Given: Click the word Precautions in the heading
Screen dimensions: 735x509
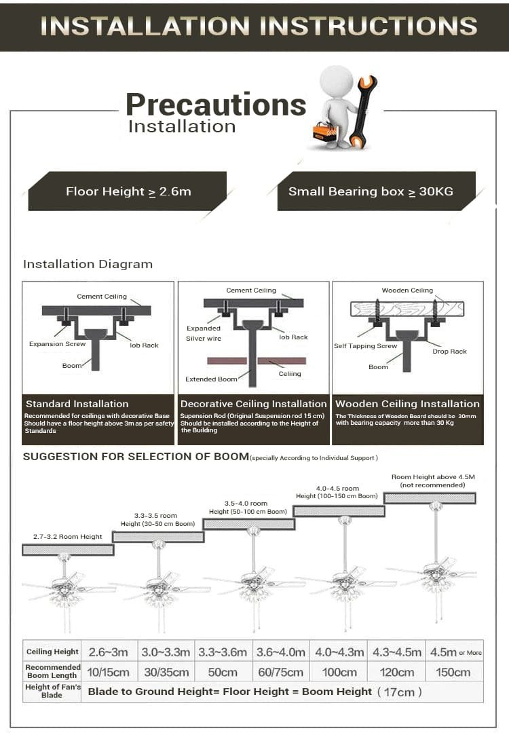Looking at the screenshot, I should pyautogui.click(x=216, y=105).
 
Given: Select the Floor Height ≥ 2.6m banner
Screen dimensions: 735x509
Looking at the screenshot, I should pyautogui.click(x=128, y=191).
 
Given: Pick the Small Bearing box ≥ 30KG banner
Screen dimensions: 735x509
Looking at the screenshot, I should pyautogui.click(x=371, y=191).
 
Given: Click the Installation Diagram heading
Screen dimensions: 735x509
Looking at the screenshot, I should pyautogui.click(x=88, y=264).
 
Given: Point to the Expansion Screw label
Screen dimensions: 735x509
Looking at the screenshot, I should pyautogui.click(x=57, y=344).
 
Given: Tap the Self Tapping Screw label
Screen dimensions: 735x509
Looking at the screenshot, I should pyautogui.click(x=365, y=346).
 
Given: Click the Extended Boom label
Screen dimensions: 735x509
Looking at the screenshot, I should pyautogui.click(x=211, y=379).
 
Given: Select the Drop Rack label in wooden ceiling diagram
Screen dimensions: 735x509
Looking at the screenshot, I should pyautogui.click(x=449, y=352).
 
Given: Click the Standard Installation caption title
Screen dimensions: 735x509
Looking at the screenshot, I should pyautogui.click(x=77, y=404).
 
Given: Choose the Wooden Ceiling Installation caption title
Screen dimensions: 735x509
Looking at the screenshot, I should pyautogui.click(x=407, y=404).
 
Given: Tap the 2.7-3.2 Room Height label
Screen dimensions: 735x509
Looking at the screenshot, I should pyautogui.click(x=68, y=537).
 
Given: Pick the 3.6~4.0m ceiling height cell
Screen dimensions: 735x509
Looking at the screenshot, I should pyautogui.click(x=280, y=652).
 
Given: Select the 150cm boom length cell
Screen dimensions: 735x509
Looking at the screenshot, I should pyautogui.click(x=453, y=672).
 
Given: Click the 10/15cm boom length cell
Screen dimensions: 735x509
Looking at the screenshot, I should pyautogui.click(x=109, y=672).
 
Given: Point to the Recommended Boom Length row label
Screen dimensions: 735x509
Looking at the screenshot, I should pyautogui.click(x=52, y=671).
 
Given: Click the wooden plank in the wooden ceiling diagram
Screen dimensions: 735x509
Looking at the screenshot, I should pyautogui.click(x=407, y=309).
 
